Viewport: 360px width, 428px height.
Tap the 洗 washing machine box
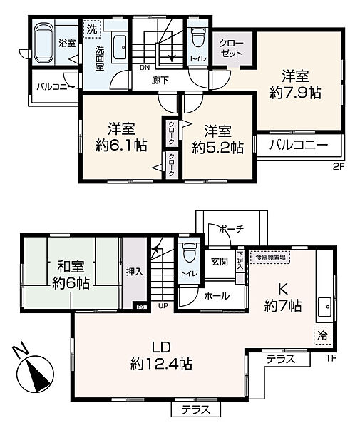(92, 30)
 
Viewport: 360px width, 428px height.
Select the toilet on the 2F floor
(199, 37)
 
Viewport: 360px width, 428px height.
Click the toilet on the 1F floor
(190, 254)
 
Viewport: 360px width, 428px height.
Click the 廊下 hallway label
(160, 81)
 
